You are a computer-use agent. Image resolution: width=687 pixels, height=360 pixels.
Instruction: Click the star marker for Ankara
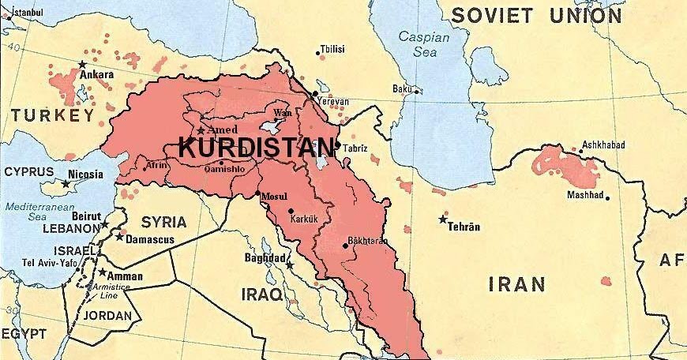pos(81,64)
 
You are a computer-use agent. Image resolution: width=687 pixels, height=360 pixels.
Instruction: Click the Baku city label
pos(402,89)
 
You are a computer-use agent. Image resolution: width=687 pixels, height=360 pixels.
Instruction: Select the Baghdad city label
pos(265,257)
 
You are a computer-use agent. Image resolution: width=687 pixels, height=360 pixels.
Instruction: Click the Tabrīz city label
pos(356,148)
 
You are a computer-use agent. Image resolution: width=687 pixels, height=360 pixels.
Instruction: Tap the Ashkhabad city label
pos(603,145)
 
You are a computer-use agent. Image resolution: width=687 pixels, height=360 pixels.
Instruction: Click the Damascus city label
pos(149,237)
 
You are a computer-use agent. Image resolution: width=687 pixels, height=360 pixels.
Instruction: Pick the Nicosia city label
pos(85,174)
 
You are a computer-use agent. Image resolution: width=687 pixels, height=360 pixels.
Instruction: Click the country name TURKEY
pos(47,116)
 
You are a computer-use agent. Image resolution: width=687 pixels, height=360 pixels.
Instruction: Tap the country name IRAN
pos(517,284)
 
